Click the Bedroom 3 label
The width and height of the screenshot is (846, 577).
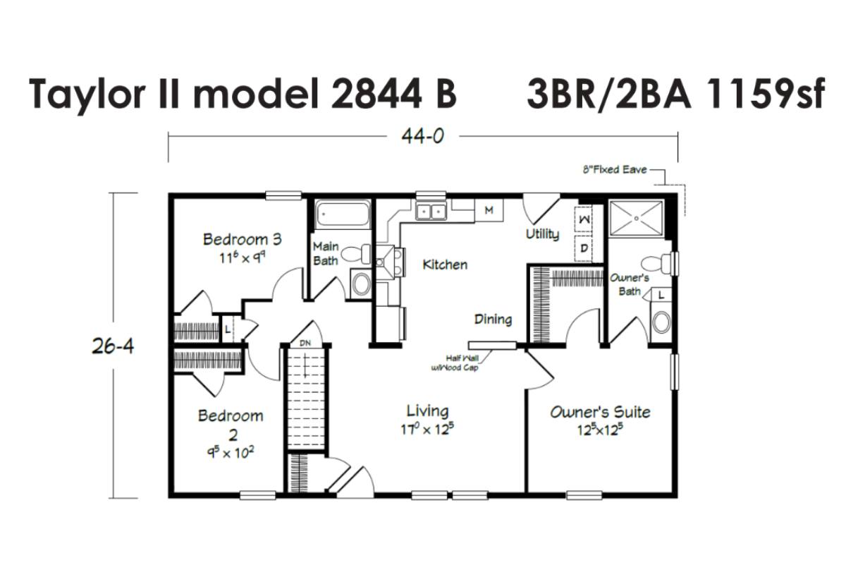coord(242,239)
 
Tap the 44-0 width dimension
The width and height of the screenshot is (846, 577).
coord(422,136)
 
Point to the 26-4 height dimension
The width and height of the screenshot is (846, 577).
coord(113,346)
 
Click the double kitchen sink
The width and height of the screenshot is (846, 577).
coord(431,211)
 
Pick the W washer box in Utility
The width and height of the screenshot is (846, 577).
coord(584,219)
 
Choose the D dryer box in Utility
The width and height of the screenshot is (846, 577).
coord(584,248)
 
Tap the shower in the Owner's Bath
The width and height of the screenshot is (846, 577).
coord(637,219)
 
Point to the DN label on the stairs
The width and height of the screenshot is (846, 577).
coord(305,343)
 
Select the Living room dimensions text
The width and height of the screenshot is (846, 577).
coord(427,430)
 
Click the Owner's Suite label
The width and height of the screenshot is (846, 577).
coord(600,412)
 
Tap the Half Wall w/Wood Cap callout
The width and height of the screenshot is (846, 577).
coord(455,363)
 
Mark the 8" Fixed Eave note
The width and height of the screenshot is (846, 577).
coord(615,170)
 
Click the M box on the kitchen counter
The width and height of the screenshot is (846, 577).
coord(489,210)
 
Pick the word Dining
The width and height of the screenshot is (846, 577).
coord(493,320)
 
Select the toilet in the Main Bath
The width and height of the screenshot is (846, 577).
coord(357,253)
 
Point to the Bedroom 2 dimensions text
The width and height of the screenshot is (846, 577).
coord(231,453)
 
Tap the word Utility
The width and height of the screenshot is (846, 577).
coord(542,234)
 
